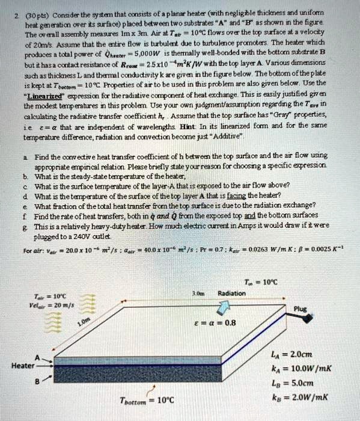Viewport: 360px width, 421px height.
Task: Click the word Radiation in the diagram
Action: pos(232,293)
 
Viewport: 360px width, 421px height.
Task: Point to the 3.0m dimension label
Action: pos(194,293)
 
